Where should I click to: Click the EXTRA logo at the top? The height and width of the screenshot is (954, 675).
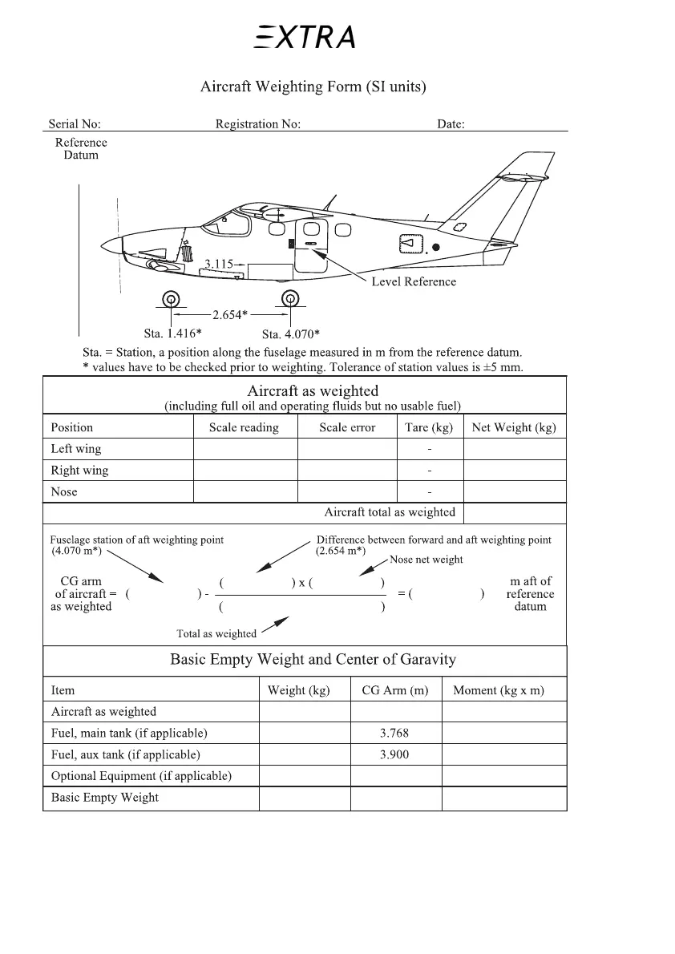(305, 37)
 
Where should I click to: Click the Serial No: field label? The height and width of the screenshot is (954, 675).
(75, 124)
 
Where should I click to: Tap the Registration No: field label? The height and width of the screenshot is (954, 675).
(258, 124)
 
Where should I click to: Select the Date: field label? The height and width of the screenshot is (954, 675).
(451, 124)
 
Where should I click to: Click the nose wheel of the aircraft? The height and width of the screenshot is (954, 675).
(171, 300)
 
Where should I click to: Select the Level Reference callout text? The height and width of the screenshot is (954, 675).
(414, 281)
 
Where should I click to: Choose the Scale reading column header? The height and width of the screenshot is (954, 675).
(244, 427)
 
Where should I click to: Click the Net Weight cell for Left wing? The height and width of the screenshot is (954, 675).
(515, 449)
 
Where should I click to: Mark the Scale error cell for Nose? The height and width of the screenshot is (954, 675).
(347, 491)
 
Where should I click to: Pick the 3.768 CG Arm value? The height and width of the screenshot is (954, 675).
(396, 733)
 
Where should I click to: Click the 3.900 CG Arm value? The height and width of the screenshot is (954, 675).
(396, 754)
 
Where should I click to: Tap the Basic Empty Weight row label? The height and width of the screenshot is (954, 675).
(105, 798)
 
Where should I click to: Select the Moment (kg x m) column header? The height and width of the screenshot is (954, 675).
(499, 690)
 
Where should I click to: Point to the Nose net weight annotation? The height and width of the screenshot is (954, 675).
(426, 560)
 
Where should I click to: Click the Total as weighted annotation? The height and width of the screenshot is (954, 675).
(216, 634)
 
